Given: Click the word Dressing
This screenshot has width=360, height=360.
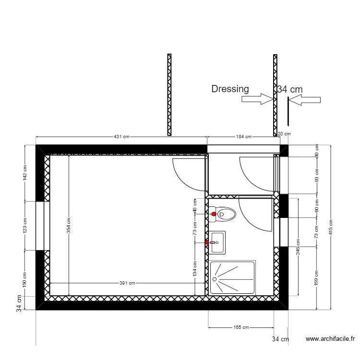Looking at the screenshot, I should click(230, 89).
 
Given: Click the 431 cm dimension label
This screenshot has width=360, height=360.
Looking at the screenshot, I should click(121, 137).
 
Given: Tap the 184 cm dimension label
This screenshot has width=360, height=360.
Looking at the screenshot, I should click(243, 137).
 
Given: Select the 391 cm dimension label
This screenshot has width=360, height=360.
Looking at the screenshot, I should click(127, 283).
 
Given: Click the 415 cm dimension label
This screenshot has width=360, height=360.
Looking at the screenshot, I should click(331, 226).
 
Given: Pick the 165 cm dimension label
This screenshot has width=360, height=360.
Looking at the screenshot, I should click(240, 327).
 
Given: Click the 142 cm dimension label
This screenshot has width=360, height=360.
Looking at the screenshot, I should click(25, 173).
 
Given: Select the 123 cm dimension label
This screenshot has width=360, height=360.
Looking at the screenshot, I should click(25, 226).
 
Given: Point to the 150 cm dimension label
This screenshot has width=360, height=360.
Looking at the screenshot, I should click(25, 280).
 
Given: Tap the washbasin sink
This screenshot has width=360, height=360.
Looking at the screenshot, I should click(217, 242).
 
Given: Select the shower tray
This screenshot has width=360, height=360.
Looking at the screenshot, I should click(233, 277).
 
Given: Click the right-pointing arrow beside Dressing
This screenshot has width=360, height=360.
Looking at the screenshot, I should click(257, 99).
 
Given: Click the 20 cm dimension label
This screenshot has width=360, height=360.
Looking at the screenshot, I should click(284, 134).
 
